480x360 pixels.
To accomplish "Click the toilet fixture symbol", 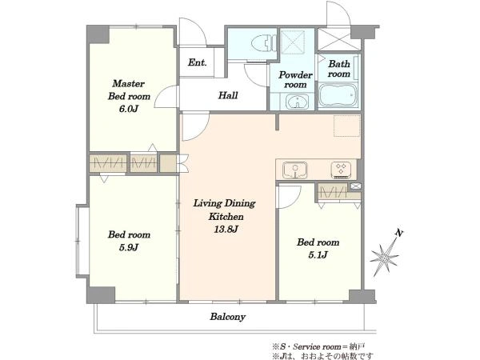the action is [264, 43].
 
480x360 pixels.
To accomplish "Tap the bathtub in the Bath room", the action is [338, 94].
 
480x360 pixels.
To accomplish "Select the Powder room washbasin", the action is [297, 102].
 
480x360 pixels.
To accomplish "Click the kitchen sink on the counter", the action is [294, 170].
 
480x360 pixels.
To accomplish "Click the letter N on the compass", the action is [398, 234].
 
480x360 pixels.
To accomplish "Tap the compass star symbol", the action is [384, 258].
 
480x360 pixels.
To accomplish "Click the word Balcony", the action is [228, 317].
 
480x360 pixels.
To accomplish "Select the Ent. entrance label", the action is [197, 62].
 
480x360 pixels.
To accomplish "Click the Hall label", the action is [228, 95].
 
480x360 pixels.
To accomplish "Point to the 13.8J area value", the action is [226, 230].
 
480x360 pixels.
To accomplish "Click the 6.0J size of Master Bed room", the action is [129, 109].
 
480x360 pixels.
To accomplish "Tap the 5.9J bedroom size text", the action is [129, 247].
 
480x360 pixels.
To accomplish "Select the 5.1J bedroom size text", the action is [318, 255].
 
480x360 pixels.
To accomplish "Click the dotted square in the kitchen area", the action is [347, 126].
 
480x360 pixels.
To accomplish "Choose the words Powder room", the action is [295, 79].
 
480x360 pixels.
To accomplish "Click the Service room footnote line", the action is [318, 347].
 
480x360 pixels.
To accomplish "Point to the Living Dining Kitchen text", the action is [225, 210].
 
